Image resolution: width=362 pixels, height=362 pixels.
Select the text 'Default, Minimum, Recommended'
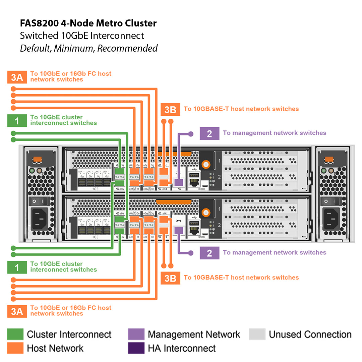(88, 48)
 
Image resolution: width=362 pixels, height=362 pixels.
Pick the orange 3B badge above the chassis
(171, 109)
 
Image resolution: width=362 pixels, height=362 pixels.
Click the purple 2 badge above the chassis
(209, 133)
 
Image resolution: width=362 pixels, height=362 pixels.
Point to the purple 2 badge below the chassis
(209, 253)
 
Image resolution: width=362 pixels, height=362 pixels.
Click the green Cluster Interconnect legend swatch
(15, 334)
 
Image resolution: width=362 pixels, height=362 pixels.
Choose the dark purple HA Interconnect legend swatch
(136, 348)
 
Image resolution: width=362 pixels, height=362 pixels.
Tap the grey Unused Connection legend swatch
(257, 334)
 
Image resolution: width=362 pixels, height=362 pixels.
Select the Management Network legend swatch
(136, 334)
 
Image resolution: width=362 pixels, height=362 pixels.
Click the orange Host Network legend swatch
(15, 348)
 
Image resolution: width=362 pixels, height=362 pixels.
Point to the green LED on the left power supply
(32, 171)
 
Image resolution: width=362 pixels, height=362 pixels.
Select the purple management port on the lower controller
(179, 231)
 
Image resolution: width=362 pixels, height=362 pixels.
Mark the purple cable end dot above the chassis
(191, 134)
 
